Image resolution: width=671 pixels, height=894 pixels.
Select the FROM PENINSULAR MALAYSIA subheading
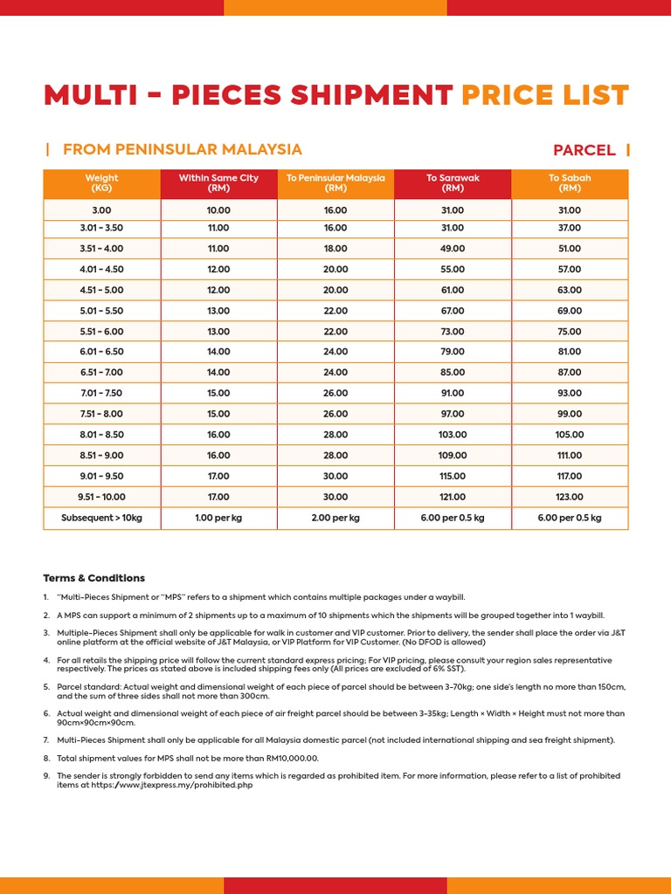pyautogui.click(x=182, y=149)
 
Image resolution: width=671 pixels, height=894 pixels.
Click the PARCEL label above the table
pyautogui.click(x=584, y=150)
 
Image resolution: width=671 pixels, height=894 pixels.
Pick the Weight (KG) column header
pyautogui.click(x=101, y=183)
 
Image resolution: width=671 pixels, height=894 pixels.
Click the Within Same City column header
pyautogui.click(x=218, y=183)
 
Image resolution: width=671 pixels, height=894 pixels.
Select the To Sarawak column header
pyautogui.click(x=453, y=183)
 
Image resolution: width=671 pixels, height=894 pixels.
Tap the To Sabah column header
pyautogui.click(x=570, y=183)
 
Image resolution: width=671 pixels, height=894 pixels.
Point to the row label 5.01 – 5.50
pyautogui.click(x=101, y=311)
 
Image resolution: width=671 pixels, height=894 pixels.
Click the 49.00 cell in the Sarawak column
pyautogui.click(x=453, y=249)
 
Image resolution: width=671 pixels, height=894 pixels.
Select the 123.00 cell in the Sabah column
pyautogui.click(x=570, y=497)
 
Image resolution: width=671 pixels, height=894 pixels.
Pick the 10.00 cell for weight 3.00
pyautogui.click(x=218, y=210)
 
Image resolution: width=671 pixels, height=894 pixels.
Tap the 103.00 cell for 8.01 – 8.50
pyautogui.click(x=453, y=435)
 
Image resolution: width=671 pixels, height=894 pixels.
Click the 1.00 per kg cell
pyautogui.click(x=218, y=518)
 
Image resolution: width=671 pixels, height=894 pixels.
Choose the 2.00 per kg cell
pyautogui.click(x=335, y=518)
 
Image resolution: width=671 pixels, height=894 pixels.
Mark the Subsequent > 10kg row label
pyautogui.click(x=101, y=518)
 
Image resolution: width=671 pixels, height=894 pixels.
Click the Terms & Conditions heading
pyautogui.click(x=94, y=578)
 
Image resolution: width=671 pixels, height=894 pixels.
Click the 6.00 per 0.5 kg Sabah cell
pyautogui.click(x=570, y=518)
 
